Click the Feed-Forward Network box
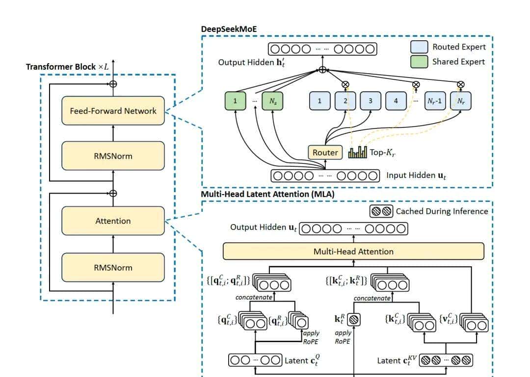pos(113,111)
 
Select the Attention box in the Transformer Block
pos(113,221)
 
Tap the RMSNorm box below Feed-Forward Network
pos(113,156)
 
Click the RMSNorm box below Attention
pos(113,268)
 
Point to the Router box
pos(325,152)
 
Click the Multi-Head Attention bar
pos(353,251)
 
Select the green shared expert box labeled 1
pos(235,101)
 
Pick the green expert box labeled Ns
pos(272,101)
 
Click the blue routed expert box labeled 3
pos(371,101)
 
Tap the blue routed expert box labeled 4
pos(396,101)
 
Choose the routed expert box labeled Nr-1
pos(435,101)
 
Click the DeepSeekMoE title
pos(229,29)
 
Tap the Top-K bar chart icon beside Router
pos(357,152)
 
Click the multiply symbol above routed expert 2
pos(345,84)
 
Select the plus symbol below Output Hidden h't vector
pos(322,70)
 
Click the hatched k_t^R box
pos(354,320)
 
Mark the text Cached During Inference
pos(442,211)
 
